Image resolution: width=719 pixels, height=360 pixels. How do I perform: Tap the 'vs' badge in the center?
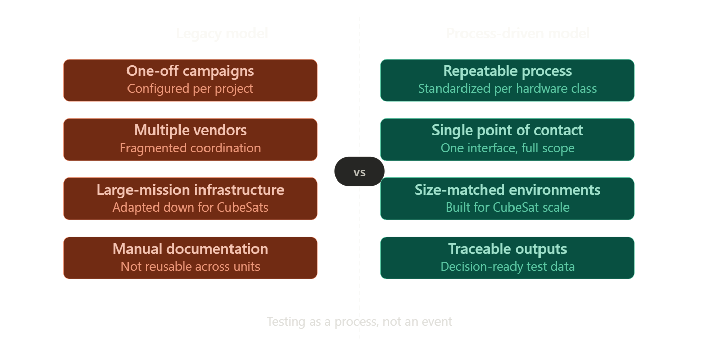(359, 172)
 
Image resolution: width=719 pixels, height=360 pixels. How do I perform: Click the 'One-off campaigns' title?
(190, 71)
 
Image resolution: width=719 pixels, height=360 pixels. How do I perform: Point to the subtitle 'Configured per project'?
(190, 89)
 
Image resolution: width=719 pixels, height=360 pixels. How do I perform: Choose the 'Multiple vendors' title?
(190, 130)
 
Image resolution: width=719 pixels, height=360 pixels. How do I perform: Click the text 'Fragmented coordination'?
(190, 148)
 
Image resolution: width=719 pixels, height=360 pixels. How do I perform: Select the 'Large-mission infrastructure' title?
(190, 190)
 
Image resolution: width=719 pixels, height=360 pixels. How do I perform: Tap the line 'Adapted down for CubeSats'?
(190, 207)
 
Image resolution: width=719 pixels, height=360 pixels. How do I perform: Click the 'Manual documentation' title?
(190, 249)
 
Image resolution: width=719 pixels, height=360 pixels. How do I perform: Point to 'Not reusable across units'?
(190, 266)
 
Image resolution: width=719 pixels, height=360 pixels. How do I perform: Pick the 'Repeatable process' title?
(507, 71)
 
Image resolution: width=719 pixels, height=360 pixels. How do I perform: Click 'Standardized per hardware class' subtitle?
(507, 89)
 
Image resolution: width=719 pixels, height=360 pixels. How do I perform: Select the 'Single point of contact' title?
(507, 130)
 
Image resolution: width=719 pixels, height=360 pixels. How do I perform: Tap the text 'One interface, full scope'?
(507, 148)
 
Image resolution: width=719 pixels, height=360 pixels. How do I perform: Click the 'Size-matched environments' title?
(507, 190)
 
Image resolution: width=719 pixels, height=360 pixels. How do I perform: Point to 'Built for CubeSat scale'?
(507, 207)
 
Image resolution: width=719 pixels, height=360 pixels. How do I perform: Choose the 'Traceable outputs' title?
(507, 249)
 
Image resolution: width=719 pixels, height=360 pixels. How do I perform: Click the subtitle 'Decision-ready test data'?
(507, 266)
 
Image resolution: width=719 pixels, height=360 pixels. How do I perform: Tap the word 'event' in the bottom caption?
(437, 322)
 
